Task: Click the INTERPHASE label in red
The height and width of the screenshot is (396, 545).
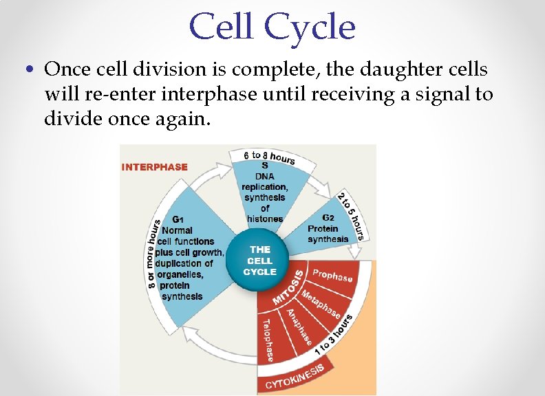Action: pos(155,166)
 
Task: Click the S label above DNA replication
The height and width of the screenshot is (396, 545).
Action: pos(265,165)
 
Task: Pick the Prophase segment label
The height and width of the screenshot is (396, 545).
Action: pos(332,276)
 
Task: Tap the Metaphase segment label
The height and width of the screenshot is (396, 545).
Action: pos(321,302)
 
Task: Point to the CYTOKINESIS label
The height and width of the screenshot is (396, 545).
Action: pos(294,377)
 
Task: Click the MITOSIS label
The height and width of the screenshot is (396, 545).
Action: pos(288,287)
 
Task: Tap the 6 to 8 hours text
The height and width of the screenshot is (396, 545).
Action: pos(269,155)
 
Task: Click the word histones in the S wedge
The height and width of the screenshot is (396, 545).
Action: pos(265,219)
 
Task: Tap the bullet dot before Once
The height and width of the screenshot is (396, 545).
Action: pos(28,70)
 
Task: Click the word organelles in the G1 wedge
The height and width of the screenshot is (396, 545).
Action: pos(180,274)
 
